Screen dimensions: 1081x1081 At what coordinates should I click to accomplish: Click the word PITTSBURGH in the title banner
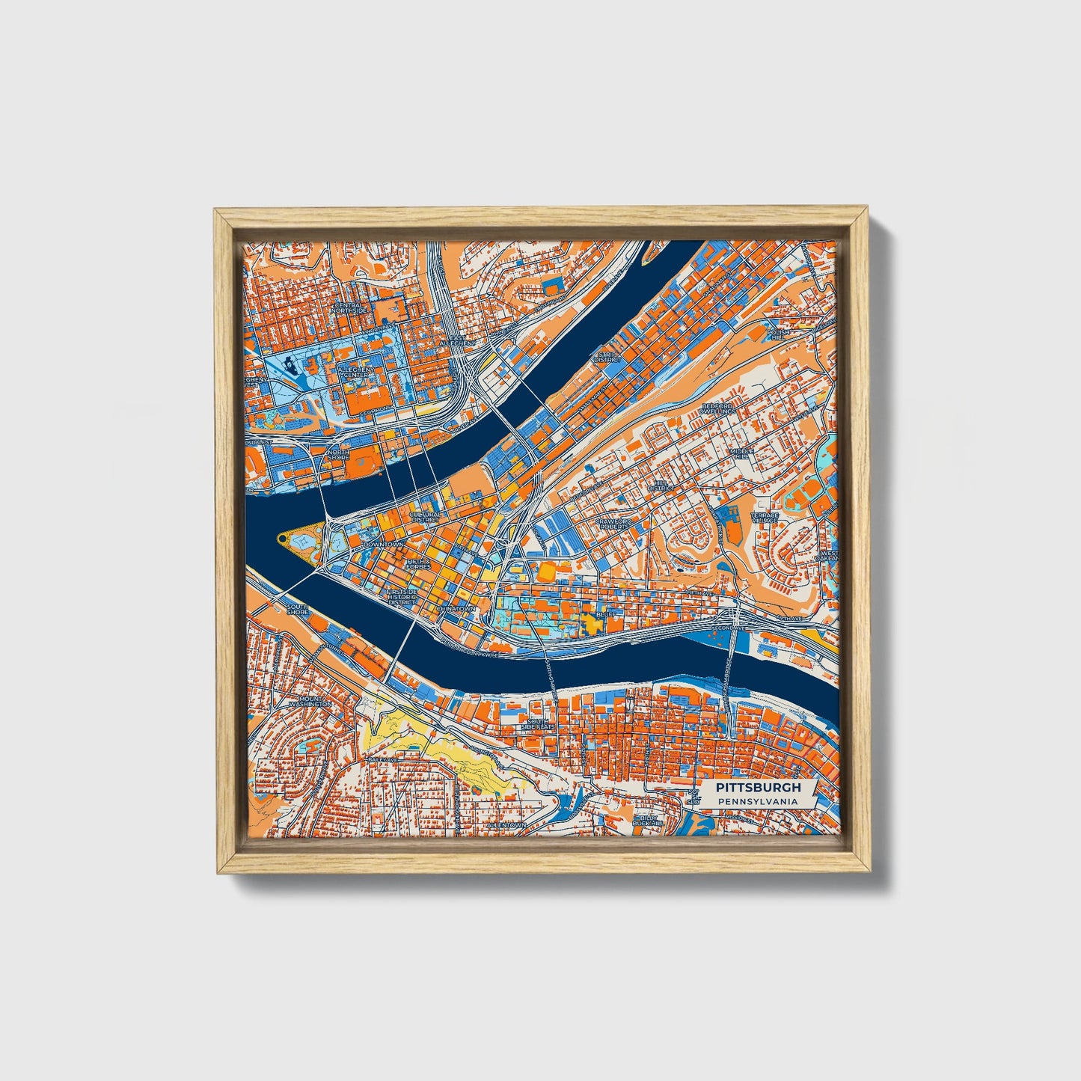[x=758, y=788]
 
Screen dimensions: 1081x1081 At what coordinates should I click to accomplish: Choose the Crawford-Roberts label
[x=614, y=524]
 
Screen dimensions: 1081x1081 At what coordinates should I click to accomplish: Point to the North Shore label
[x=338, y=455]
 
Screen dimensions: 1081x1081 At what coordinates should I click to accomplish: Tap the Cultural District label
[x=425, y=518]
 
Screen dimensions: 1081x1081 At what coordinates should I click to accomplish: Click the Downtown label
[x=382, y=545]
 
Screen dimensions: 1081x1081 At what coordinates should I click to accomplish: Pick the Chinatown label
[x=456, y=608]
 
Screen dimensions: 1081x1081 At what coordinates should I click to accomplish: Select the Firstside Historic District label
[x=402, y=596]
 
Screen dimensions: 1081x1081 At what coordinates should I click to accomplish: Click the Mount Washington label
[x=310, y=701]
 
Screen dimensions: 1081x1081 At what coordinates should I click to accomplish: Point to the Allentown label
[x=506, y=824]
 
